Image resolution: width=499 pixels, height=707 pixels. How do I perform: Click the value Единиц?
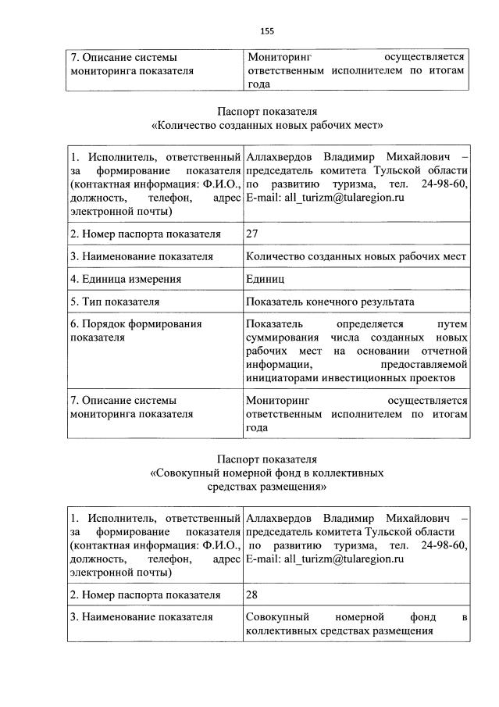tap(266, 278)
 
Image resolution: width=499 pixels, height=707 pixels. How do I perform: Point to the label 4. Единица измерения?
tap(126, 278)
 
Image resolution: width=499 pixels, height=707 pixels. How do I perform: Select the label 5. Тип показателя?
tap(115, 301)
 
